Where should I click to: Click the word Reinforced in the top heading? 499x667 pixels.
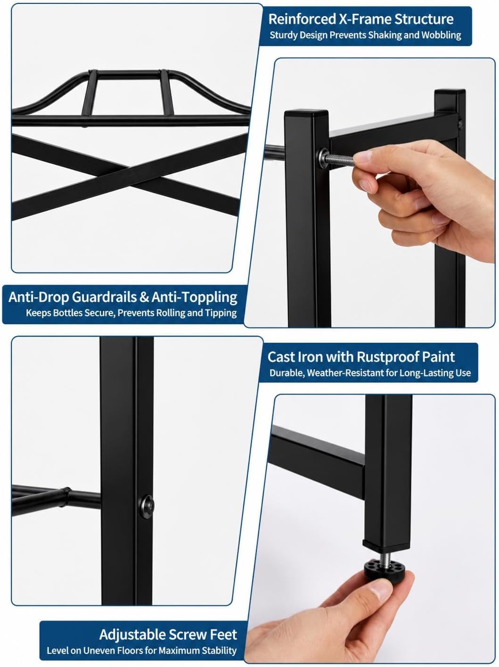302,19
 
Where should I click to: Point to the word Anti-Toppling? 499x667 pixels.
195,297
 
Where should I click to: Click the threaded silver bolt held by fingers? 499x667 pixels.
339,159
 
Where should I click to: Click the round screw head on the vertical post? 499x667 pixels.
147,507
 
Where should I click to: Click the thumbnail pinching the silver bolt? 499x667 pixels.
363,156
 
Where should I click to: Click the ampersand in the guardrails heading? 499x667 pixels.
144,297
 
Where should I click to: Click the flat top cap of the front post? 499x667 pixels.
306,115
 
